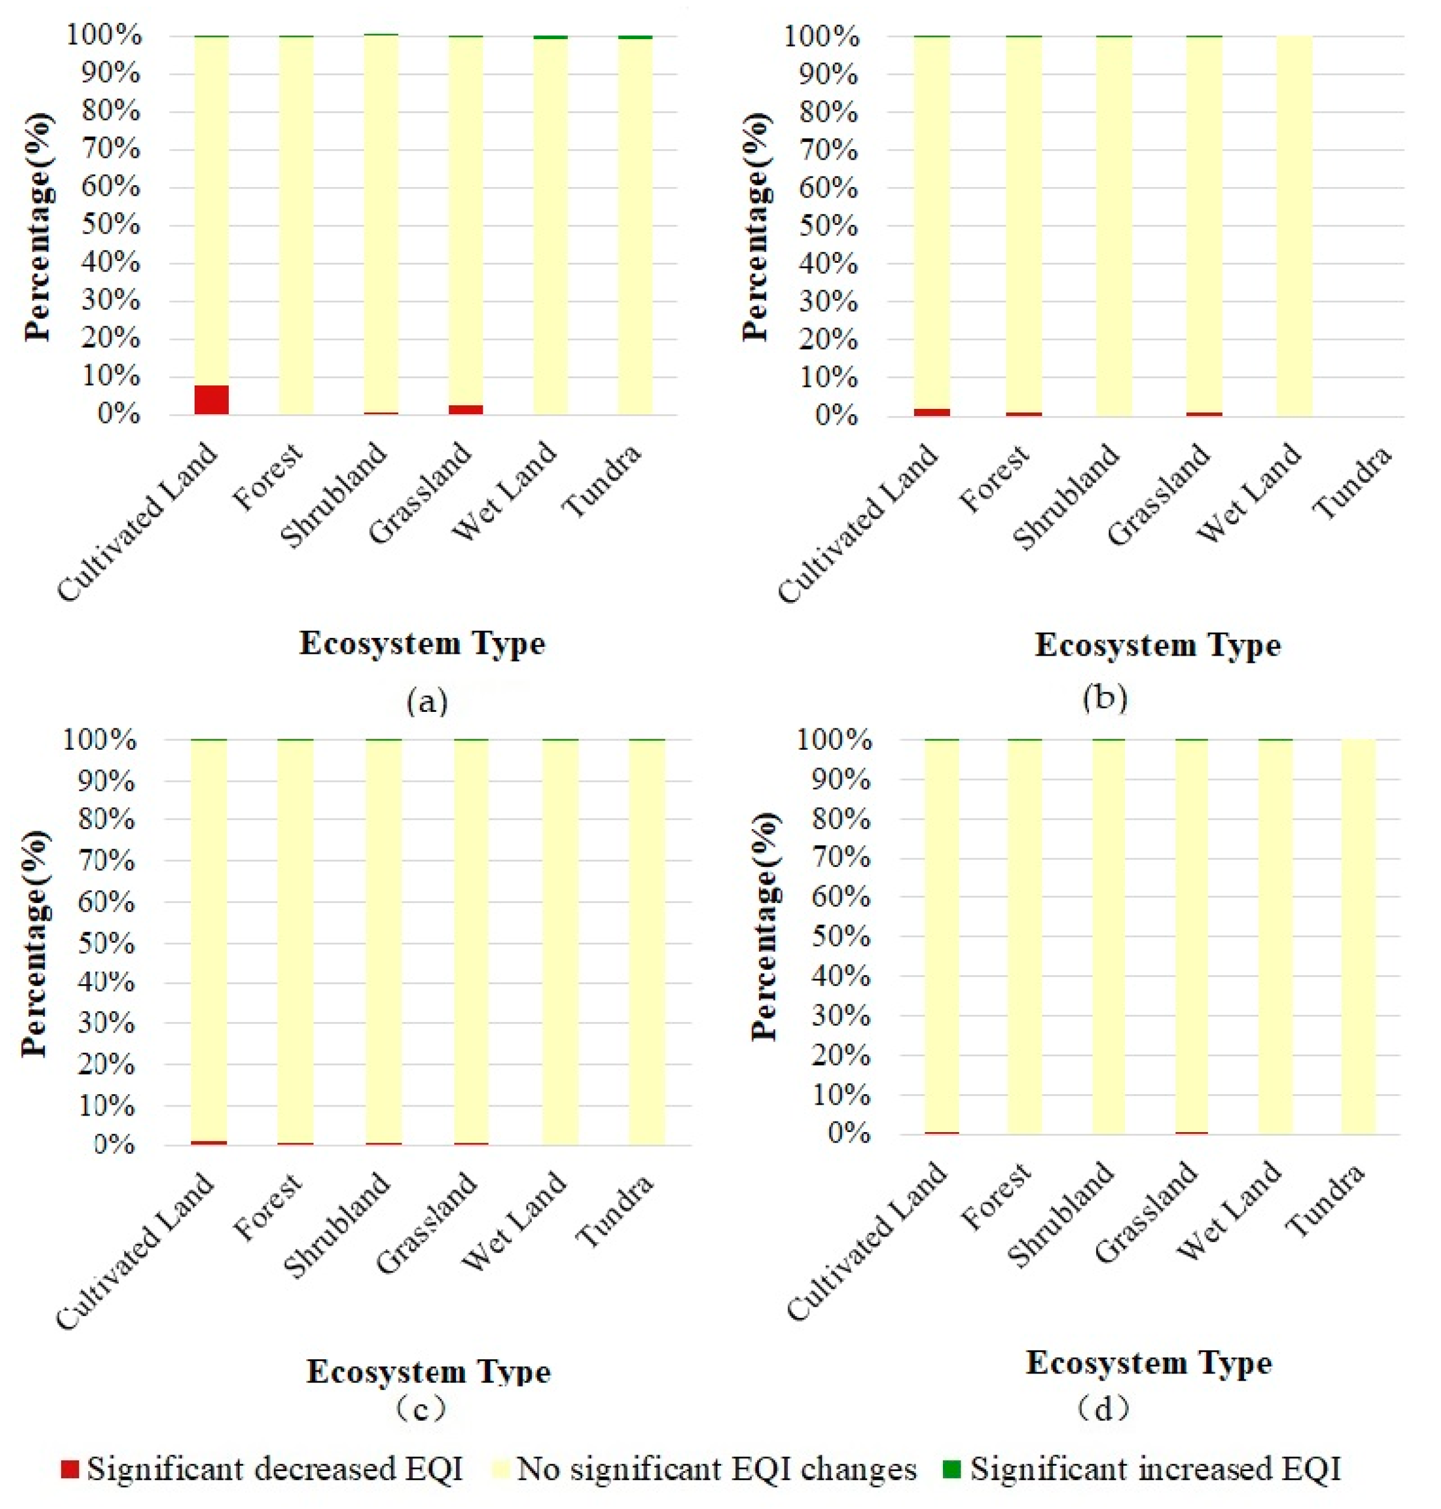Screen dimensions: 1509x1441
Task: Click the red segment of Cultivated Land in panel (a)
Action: pos(211,399)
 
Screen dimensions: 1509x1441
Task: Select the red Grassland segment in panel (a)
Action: pos(466,410)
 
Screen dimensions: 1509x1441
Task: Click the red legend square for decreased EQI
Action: pos(70,1468)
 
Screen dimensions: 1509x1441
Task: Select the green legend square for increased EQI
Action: pos(952,1468)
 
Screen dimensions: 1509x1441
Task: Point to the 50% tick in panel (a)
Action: pos(111,225)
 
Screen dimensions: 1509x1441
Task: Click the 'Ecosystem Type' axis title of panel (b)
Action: pos(1158,644)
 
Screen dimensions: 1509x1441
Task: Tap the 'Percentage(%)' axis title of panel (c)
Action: pos(35,943)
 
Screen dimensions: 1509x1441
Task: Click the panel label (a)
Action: pos(427,701)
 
